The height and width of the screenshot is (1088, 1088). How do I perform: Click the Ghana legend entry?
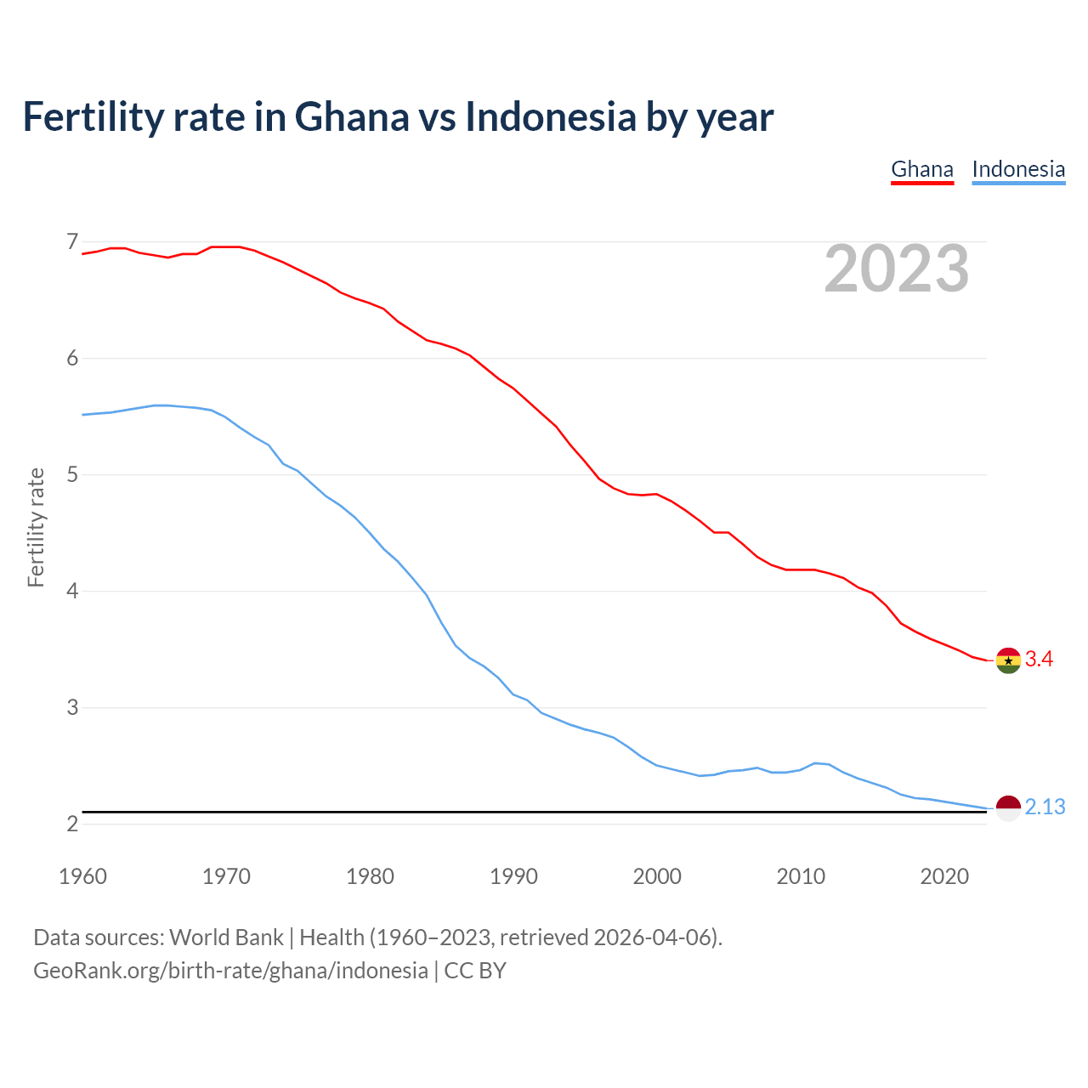921,169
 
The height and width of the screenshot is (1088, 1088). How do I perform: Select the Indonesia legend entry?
1017,169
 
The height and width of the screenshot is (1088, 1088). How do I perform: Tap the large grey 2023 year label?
896,269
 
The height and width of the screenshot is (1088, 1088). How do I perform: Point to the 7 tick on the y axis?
72,242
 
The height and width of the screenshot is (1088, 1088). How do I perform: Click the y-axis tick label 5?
72,474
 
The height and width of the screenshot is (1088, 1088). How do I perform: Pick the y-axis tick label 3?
72,707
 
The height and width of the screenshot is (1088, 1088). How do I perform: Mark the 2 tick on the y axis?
72,824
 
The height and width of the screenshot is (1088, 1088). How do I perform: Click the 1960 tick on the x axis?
82,876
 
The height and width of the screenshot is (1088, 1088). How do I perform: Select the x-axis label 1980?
370,876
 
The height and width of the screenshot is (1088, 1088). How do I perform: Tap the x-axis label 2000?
657,876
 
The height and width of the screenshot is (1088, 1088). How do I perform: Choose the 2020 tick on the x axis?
944,876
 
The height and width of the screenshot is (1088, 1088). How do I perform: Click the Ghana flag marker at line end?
1008,660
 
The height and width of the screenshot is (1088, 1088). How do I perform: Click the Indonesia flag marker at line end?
1008,807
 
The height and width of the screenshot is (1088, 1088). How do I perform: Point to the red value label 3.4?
1039,660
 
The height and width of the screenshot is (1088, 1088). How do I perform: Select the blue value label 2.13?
1045,807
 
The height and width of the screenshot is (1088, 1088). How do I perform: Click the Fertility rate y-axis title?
36,527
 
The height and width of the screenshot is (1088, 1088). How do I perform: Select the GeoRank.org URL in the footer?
230,971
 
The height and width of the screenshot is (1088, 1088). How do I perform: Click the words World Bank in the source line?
226,938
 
